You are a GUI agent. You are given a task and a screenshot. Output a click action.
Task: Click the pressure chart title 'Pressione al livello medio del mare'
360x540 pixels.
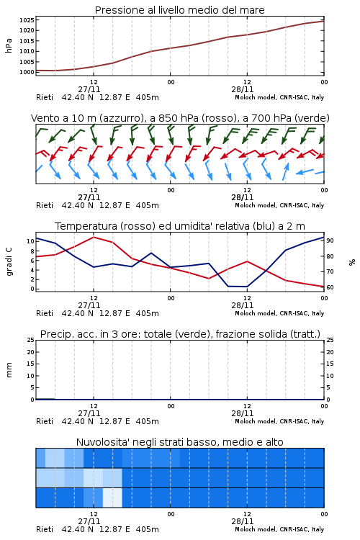[x=179, y=10]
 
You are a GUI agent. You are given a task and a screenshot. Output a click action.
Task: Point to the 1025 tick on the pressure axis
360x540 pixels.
[x=27, y=20]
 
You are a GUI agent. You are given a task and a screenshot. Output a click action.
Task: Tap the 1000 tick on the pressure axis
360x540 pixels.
[x=27, y=72]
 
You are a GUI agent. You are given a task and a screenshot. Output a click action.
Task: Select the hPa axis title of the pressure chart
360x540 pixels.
[x=9, y=45]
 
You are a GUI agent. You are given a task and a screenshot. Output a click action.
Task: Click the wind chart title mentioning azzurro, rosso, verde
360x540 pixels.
[x=180, y=118]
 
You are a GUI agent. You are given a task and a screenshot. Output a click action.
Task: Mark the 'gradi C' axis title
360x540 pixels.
[x=9, y=261]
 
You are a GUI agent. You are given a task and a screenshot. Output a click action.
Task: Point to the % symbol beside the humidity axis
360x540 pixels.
[x=352, y=262]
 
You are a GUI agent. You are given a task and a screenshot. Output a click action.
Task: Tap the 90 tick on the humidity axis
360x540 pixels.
[x=330, y=240]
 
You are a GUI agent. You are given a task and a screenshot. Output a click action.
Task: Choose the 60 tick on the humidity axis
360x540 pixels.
[x=330, y=287]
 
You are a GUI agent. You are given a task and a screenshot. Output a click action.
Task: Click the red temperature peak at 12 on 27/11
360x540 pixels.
[x=94, y=237]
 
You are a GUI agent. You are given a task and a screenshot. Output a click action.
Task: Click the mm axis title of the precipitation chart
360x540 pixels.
[x=9, y=370]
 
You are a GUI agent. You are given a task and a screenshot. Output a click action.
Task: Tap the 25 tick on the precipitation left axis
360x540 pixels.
[x=30, y=340]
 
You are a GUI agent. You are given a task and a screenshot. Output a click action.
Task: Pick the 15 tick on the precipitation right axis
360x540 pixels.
[x=330, y=364]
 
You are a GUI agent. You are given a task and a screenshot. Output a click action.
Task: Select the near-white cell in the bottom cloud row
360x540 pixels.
[x=112, y=498]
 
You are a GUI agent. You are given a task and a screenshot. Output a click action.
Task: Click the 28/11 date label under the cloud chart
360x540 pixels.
[x=242, y=521]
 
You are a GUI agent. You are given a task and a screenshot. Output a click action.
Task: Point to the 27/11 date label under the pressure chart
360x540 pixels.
[x=89, y=89]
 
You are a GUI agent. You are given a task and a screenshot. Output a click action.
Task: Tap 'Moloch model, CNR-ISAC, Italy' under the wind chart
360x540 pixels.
[x=279, y=206]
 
